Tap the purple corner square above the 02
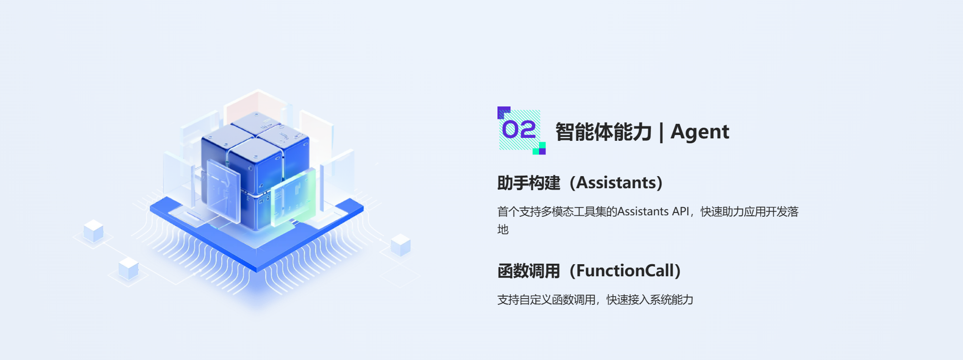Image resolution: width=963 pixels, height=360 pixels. tap(503, 112)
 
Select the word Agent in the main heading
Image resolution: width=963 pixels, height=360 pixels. tap(699, 132)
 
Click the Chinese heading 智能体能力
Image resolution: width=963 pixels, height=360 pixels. tap(603, 132)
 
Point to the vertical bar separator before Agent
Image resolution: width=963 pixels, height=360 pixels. tap(661, 132)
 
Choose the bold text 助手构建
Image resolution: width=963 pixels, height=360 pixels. tap(528, 183)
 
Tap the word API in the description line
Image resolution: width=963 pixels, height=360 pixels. tap(680, 211)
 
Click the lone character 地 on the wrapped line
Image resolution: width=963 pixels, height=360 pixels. tap(503, 229)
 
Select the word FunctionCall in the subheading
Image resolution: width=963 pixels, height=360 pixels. tap(625, 270)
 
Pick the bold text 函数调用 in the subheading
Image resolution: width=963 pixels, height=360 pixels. tap(528, 271)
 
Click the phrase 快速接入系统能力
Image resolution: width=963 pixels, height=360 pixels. tap(650, 300)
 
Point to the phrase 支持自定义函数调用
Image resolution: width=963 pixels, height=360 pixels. tap(546, 300)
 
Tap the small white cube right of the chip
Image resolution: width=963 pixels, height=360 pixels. tap(400, 245)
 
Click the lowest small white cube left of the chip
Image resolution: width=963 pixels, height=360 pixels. tap(129, 269)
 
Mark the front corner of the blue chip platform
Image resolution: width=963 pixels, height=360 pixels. tap(256, 270)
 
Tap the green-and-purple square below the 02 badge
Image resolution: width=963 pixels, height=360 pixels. tap(539, 149)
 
